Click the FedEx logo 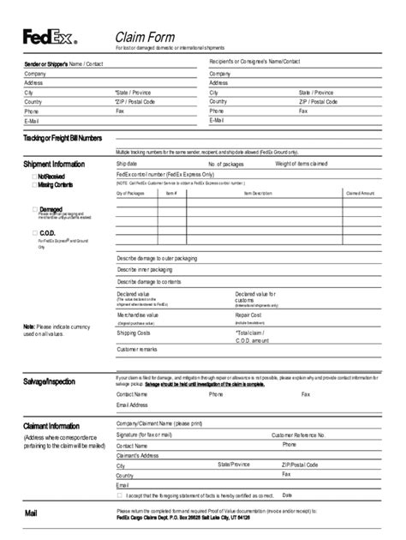coord(49,37)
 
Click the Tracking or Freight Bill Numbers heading coord(63,138)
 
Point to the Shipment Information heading coord(54,164)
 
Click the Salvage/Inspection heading coord(49,381)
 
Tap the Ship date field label coord(127,163)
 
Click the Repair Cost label coord(248,315)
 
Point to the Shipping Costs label coord(134,333)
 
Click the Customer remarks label coord(137,349)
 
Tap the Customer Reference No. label coord(298,435)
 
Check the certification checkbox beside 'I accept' coord(120,495)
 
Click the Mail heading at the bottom coord(31,513)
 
